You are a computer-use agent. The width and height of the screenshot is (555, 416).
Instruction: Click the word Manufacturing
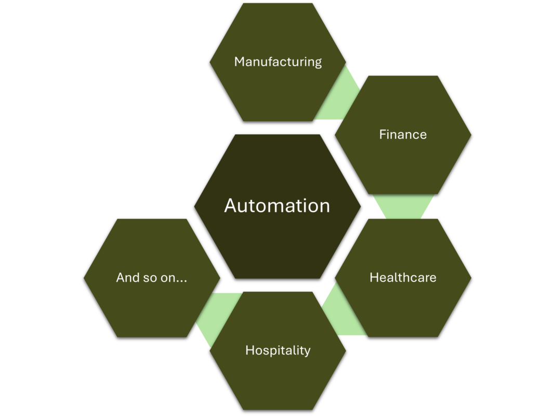click(278, 62)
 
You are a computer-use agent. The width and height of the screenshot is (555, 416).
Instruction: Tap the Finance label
click(403, 135)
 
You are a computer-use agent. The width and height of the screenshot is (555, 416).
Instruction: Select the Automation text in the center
click(277, 205)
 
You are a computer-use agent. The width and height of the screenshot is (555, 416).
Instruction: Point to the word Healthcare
click(403, 278)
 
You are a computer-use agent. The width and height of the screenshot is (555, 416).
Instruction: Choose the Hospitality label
click(277, 350)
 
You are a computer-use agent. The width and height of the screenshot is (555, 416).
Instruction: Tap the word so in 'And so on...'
click(149, 278)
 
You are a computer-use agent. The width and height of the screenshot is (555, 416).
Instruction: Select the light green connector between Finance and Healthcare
click(404, 206)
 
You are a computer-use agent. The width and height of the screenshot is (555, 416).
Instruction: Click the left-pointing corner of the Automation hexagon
click(195, 206)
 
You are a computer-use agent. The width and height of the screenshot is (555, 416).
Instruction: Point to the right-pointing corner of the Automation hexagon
click(360, 206)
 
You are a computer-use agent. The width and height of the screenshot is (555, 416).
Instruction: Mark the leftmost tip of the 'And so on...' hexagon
click(84, 278)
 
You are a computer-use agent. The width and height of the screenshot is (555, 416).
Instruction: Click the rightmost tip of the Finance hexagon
click(471, 135)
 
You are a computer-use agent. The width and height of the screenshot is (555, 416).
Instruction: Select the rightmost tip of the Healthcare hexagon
click(471, 278)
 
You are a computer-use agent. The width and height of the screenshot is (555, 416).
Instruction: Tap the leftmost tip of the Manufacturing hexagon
click(210, 62)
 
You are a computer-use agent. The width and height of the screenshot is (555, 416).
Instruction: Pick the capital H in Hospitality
click(249, 350)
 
